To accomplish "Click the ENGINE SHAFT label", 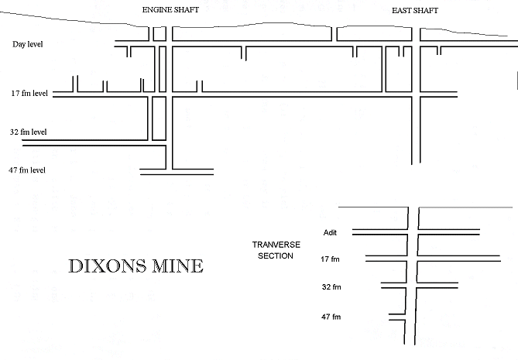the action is pos(170,10).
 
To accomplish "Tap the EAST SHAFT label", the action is pos(415,11).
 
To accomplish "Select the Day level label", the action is pos(27,44).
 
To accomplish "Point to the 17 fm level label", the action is pos(29,93).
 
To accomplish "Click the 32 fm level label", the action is pos(29,132).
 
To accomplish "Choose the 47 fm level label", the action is pos(27,170).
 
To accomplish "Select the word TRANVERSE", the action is pos(276,245).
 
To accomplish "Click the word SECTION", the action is pos(276,256).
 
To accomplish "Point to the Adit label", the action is pos(330,232).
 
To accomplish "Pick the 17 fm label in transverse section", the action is pos(330,259).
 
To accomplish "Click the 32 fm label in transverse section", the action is pos(331,287).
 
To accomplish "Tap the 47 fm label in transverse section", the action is pos(331,317).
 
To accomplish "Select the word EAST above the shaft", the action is pos(401,11).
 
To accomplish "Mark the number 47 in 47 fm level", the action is pos(13,170).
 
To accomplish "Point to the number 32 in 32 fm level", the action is pos(14,132).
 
